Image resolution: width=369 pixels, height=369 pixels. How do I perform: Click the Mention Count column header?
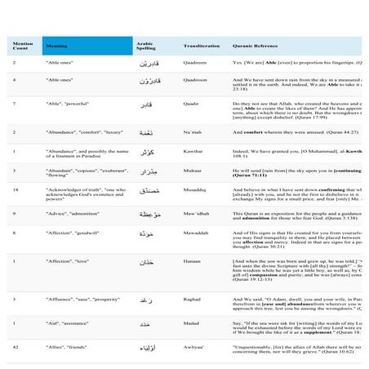(x=22, y=47)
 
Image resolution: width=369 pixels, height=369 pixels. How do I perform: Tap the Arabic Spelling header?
(x=145, y=47)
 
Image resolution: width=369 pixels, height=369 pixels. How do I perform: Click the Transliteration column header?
(x=201, y=47)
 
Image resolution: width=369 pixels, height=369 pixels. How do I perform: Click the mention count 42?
(x=16, y=348)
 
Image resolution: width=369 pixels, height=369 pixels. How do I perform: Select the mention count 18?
(x=16, y=188)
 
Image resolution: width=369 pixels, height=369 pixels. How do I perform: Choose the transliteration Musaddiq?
(x=196, y=188)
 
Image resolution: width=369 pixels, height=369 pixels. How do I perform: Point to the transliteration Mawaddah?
(x=198, y=233)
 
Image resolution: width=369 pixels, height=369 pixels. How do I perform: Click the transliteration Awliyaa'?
(x=196, y=348)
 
